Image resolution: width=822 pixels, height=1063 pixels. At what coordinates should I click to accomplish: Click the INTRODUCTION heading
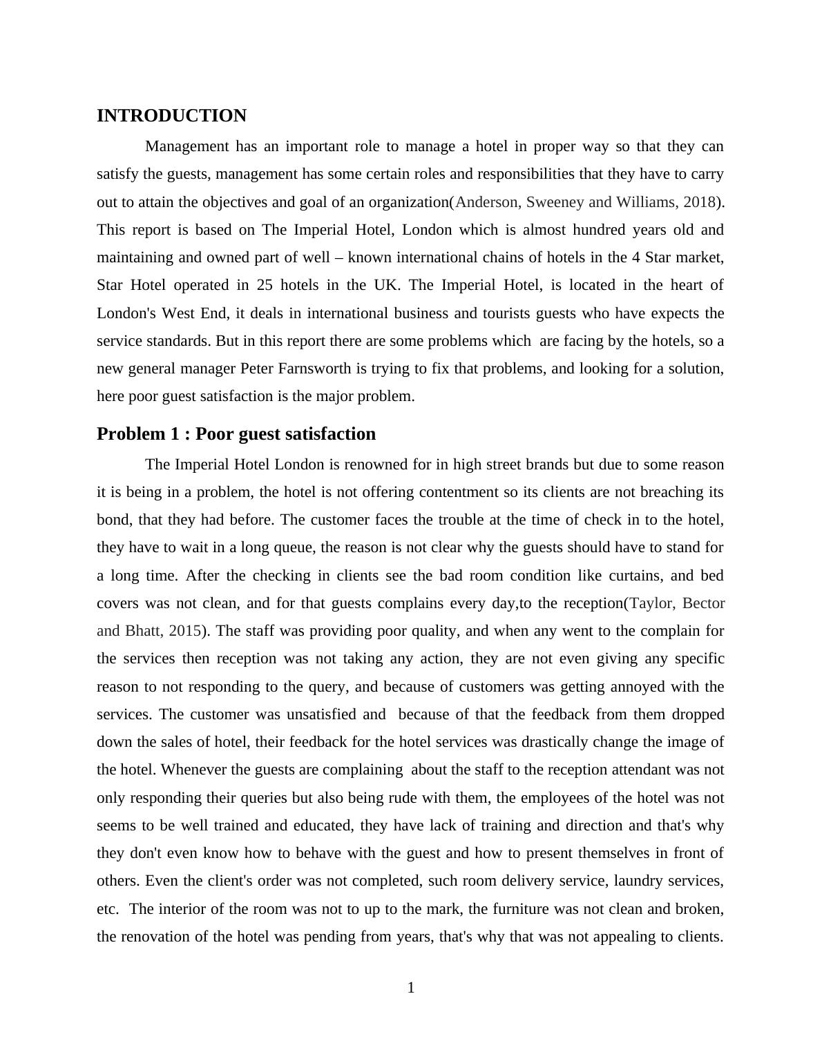point(171,116)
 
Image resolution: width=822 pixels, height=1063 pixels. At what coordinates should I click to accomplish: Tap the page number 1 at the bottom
point(411,988)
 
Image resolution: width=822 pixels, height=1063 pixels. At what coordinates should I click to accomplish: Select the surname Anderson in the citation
point(486,202)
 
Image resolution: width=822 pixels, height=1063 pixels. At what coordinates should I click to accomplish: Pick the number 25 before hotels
point(265,285)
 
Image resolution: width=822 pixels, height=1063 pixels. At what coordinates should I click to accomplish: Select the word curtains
point(633,576)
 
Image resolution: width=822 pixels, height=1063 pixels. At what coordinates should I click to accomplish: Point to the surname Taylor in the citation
point(651,603)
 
